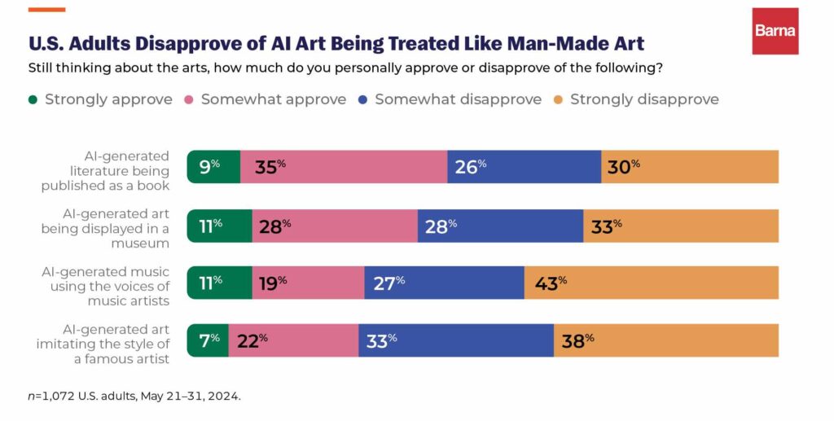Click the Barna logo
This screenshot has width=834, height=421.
[775, 31]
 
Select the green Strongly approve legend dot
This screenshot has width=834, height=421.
[33, 99]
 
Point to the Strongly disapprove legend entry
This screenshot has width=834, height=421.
[643, 99]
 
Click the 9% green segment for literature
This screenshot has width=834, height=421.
[213, 167]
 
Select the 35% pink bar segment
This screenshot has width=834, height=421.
[344, 167]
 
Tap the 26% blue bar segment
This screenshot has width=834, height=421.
[524, 167]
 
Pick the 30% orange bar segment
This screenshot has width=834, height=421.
[690, 167]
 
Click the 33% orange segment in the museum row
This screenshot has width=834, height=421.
[681, 226]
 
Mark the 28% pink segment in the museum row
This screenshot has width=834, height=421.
[335, 226]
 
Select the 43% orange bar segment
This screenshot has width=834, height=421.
[651, 283]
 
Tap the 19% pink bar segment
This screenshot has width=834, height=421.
[308, 283]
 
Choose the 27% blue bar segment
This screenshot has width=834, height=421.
[444, 283]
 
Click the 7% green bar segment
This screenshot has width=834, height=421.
[208, 340]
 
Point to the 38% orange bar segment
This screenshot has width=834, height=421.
[665, 340]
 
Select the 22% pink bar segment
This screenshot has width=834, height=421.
[293, 340]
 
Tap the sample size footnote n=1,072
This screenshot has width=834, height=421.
[134, 396]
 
